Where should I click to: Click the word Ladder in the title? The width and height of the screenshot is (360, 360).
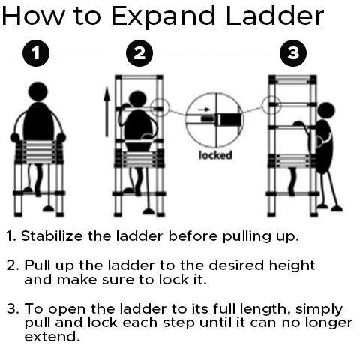click(274, 16)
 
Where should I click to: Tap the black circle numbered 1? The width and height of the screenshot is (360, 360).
click(36, 53)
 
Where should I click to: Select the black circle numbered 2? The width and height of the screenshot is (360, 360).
click(139, 53)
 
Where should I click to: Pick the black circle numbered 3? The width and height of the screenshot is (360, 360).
click(293, 53)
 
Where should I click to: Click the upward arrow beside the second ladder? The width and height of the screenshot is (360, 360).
click(107, 112)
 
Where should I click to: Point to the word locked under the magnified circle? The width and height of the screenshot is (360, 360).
click(215, 155)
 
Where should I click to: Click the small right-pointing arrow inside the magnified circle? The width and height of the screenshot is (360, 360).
click(204, 109)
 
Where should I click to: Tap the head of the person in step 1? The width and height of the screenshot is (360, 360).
click(38, 91)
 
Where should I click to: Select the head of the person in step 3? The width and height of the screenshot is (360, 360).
click(325, 111)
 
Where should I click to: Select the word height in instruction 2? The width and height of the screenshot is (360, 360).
click(292, 265)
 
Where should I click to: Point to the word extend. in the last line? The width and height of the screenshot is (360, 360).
click(52, 336)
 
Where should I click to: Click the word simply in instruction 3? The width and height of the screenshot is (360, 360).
click(319, 310)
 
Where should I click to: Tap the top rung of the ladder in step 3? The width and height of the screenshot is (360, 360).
click(292, 81)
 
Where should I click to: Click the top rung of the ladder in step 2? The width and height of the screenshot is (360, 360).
click(139, 78)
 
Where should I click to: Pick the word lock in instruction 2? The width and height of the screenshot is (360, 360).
click(173, 279)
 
